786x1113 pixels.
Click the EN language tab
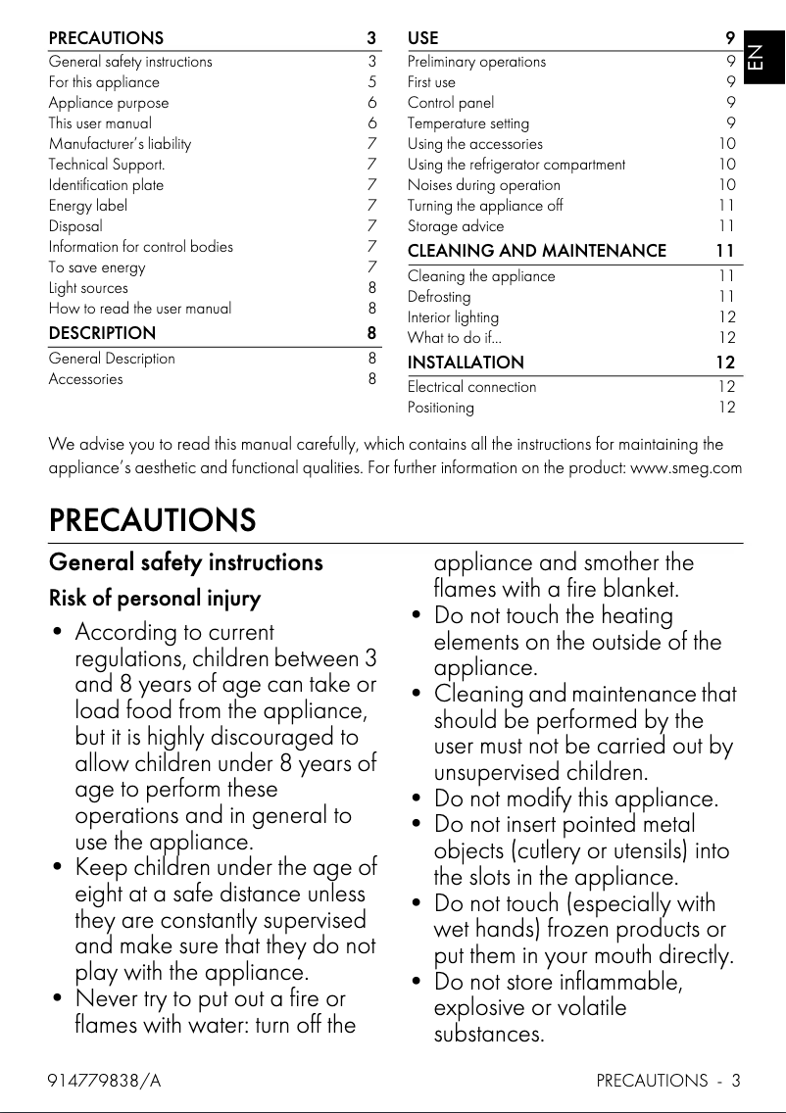757,58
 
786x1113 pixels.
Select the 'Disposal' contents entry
75,226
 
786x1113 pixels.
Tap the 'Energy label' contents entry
88,206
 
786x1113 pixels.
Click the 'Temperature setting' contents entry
467,123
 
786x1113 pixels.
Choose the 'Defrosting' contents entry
439,297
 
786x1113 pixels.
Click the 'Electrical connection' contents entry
471,387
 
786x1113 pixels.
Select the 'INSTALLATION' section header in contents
466,363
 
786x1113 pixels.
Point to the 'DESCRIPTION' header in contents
102,333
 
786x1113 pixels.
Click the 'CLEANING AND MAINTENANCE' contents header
536,251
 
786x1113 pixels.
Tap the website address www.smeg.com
685,467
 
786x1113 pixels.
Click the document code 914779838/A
105,1082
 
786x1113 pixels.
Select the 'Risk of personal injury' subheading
155,598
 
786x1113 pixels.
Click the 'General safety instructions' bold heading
185,562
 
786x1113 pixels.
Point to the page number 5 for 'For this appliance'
371,82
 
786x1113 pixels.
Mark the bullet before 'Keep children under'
58,868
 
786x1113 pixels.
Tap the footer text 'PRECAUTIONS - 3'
667,1082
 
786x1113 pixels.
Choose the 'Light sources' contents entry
88,288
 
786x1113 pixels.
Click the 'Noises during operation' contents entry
484,185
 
